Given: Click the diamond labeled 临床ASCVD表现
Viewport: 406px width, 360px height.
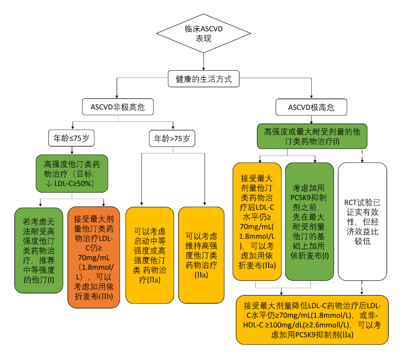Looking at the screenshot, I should tap(203, 33).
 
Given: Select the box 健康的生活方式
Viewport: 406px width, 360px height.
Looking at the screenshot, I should tap(203, 79).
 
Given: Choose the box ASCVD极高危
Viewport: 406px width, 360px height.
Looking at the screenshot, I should tap(311, 108).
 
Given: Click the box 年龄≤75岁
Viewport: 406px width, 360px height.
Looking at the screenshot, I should tap(71, 138).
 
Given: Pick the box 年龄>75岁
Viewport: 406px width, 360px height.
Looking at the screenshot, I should tap(173, 138).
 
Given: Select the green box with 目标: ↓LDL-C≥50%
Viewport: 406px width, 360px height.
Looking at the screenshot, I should tap(72, 173).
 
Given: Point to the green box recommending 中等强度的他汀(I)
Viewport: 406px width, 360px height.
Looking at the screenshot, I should tap(39, 250).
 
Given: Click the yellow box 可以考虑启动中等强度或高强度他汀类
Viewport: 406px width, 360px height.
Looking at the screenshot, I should tap(150, 255).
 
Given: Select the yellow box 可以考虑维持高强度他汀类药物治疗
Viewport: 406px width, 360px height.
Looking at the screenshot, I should tap(201, 255).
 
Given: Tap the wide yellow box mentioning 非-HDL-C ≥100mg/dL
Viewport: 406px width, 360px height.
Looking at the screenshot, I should tap(312, 319).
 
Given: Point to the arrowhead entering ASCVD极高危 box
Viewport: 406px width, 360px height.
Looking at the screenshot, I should tap(311, 96).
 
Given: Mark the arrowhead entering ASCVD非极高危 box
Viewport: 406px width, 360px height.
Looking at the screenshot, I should tap(118, 96).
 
